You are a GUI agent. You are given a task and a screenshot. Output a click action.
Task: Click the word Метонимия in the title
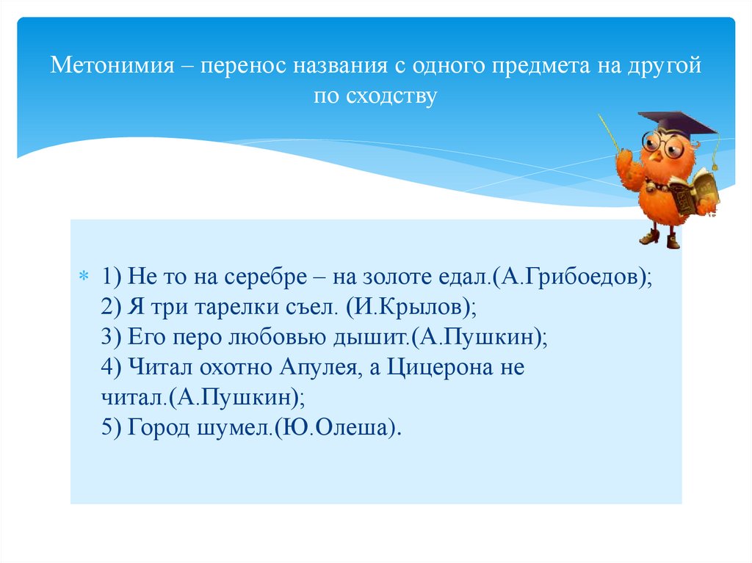coord(112,68)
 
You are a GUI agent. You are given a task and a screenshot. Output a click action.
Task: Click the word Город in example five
coord(159,428)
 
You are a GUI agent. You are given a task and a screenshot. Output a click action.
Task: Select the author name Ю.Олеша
coord(336,428)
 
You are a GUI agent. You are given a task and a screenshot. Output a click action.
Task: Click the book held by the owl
coord(694,192)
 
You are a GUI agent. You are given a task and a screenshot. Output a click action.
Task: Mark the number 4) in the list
coord(112,368)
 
